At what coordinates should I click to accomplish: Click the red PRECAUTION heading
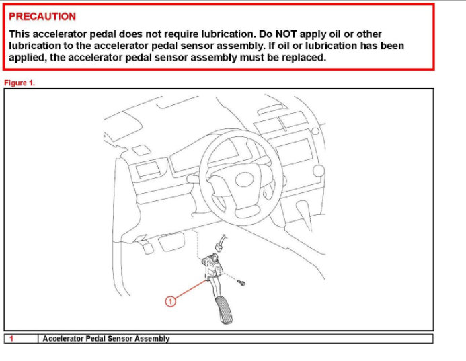coord(42,16)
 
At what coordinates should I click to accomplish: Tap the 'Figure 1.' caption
coord(20,83)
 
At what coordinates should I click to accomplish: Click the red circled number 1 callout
coord(170,302)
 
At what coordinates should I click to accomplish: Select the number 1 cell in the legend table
coord(12,339)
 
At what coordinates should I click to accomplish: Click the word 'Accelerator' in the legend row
coord(63,339)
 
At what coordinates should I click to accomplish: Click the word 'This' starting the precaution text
coord(20,34)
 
